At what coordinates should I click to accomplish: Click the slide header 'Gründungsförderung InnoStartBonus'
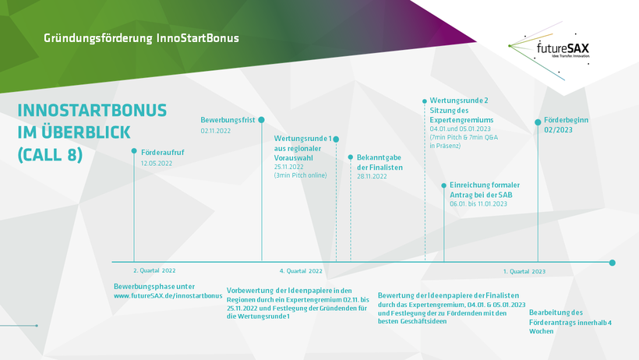click(x=141, y=38)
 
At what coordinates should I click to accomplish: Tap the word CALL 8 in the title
click(x=50, y=155)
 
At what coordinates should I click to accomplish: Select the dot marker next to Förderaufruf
click(x=134, y=151)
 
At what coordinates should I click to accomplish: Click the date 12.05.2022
click(x=157, y=164)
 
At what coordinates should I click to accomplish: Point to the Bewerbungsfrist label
click(x=228, y=120)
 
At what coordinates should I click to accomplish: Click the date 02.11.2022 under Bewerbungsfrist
click(x=216, y=131)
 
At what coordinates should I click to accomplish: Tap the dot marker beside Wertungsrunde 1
click(x=336, y=139)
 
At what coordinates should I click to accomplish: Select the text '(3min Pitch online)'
click(x=300, y=175)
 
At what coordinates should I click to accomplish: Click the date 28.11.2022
click(x=372, y=177)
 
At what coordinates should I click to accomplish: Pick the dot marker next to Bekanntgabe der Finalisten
click(x=351, y=157)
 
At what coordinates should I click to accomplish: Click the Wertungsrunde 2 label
click(x=459, y=101)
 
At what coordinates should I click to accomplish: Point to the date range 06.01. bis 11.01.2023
click(x=478, y=204)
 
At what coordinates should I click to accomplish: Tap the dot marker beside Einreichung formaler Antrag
click(x=444, y=185)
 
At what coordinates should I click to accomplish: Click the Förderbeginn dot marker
click(x=538, y=122)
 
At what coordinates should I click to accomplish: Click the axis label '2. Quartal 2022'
click(x=154, y=270)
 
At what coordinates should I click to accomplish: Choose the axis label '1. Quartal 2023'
click(x=524, y=271)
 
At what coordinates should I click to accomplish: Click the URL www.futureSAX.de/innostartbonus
click(x=168, y=295)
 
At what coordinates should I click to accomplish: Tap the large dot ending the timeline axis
click(x=612, y=263)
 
